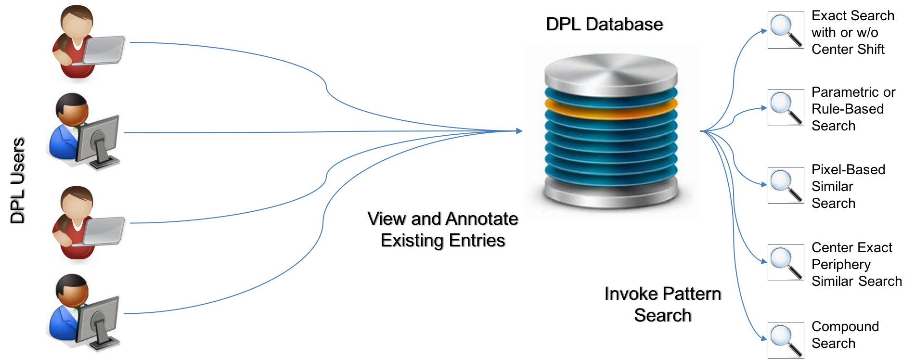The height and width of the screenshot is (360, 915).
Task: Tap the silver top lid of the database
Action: [x=611, y=72]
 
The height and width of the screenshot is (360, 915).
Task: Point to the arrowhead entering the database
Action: [x=519, y=131]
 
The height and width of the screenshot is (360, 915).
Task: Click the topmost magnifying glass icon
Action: [x=786, y=30]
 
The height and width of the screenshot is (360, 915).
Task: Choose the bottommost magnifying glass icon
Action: [x=786, y=340]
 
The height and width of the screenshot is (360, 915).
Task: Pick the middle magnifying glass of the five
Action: [x=786, y=185]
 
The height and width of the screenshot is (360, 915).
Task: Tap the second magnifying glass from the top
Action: [x=786, y=107]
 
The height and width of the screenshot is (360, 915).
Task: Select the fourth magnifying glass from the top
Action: [x=786, y=263]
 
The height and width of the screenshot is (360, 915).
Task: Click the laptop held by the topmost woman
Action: [x=103, y=50]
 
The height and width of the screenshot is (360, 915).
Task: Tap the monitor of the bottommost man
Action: [x=98, y=320]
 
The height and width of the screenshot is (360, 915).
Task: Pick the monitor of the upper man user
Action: [x=98, y=140]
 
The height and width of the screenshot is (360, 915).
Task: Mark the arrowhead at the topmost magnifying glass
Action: [x=764, y=31]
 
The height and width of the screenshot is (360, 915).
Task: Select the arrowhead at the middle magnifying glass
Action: [x=764, y=185]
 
